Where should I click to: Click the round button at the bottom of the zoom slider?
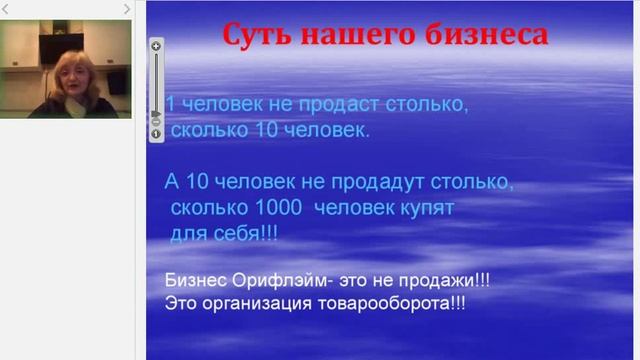[156, 134]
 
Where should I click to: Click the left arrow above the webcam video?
[7, 9]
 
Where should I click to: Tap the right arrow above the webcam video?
[126, 9]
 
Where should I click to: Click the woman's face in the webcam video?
[74, 76]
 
